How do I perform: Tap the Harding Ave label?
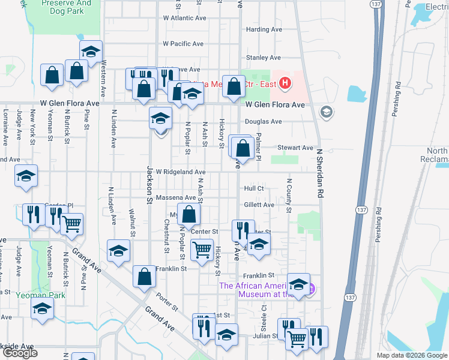point(265,29)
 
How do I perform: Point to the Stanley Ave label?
point(264,58)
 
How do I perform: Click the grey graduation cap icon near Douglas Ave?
point(326,112)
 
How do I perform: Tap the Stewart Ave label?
point(295,148)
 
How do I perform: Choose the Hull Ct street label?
point(254,188)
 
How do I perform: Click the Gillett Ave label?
point(259,205)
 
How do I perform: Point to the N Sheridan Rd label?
point(320,173)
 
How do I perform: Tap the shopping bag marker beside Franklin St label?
point(144,277)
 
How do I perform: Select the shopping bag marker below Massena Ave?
point(188,214)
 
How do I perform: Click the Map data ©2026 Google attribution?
point(411,355)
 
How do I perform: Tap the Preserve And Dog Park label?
point(66,7)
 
